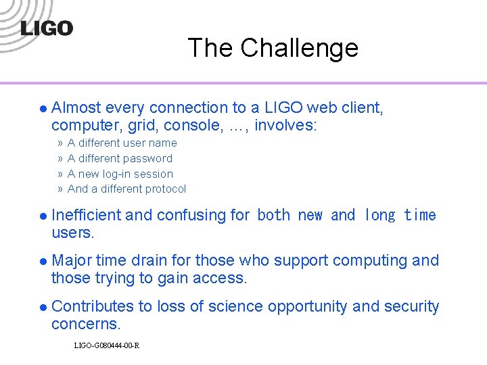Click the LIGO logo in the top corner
46,28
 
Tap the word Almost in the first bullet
76,107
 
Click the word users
72,233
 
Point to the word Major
72,260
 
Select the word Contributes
93,306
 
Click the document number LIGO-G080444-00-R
106,346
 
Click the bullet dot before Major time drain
42,261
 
